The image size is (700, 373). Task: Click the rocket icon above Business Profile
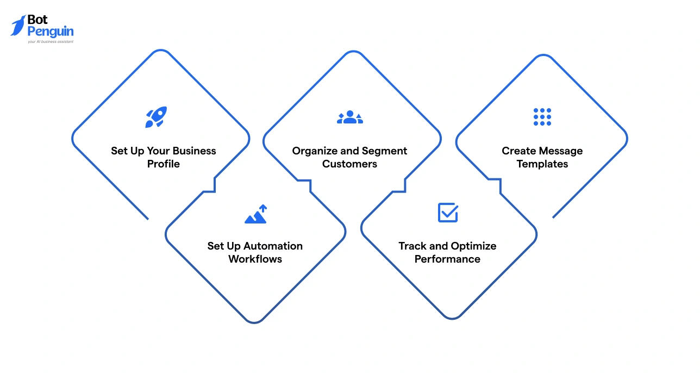(x=156, y=117)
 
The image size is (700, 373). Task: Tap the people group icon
(x=350, y=117)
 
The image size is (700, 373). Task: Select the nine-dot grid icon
(x=542, y=117)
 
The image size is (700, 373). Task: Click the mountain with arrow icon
(x=256, y=214)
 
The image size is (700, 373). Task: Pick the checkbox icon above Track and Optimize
(x=448, y=213)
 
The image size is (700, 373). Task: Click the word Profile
(x=164, y=164)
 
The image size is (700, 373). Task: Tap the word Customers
(x=349, y=164)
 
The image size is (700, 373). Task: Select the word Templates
(x=542, y=164)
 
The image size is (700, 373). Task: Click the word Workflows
(x=255, y=259)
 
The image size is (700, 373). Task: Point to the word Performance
(x=447, y=259)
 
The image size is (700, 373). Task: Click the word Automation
(x=273, y=246)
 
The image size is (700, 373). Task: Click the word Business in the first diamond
(x=194, y=151)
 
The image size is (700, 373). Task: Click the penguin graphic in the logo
(x=18, y=26)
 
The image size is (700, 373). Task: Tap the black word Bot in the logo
(x=37, y=20)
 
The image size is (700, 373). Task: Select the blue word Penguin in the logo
(x=51, y=32)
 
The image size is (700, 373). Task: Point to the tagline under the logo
(x=51, y=41)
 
